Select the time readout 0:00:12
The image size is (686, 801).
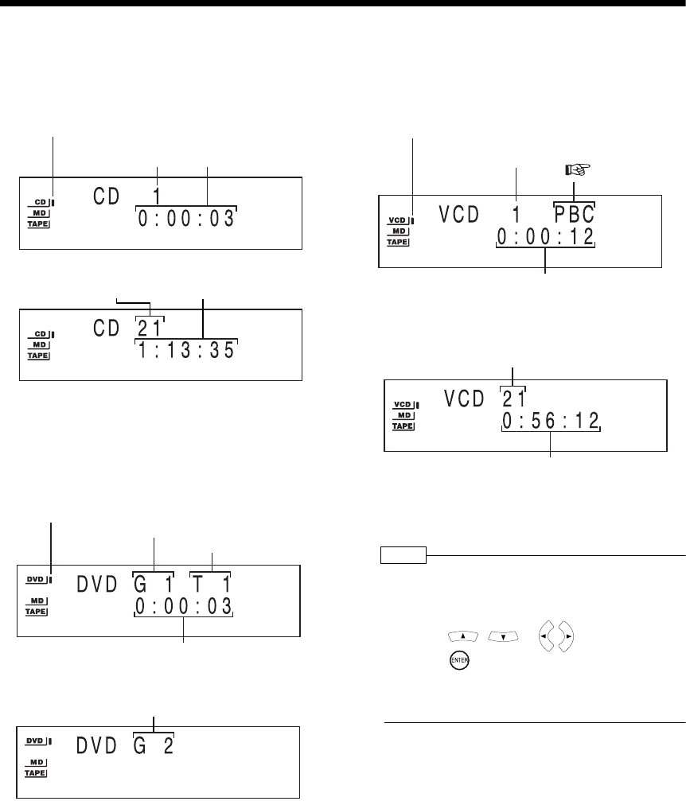click(x=545, y=237)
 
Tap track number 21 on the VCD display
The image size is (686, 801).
click(x=512, y=398)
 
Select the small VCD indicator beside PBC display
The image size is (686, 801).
click(x=398, y=219)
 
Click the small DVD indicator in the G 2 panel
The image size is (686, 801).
click(x=35, y=741)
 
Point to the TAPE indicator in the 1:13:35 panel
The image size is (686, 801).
click(x=37, y=356)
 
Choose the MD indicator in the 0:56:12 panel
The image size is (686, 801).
click(x=404, y=416)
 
